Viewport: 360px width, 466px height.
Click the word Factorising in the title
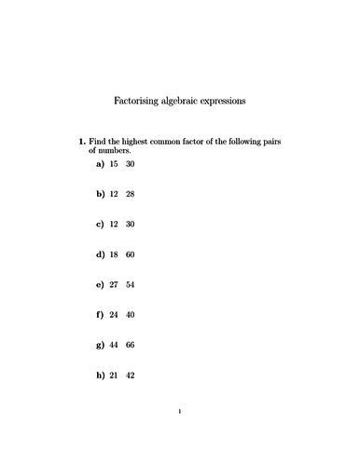(x=137, y=98)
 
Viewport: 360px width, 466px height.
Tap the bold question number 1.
(x=81, y=141)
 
